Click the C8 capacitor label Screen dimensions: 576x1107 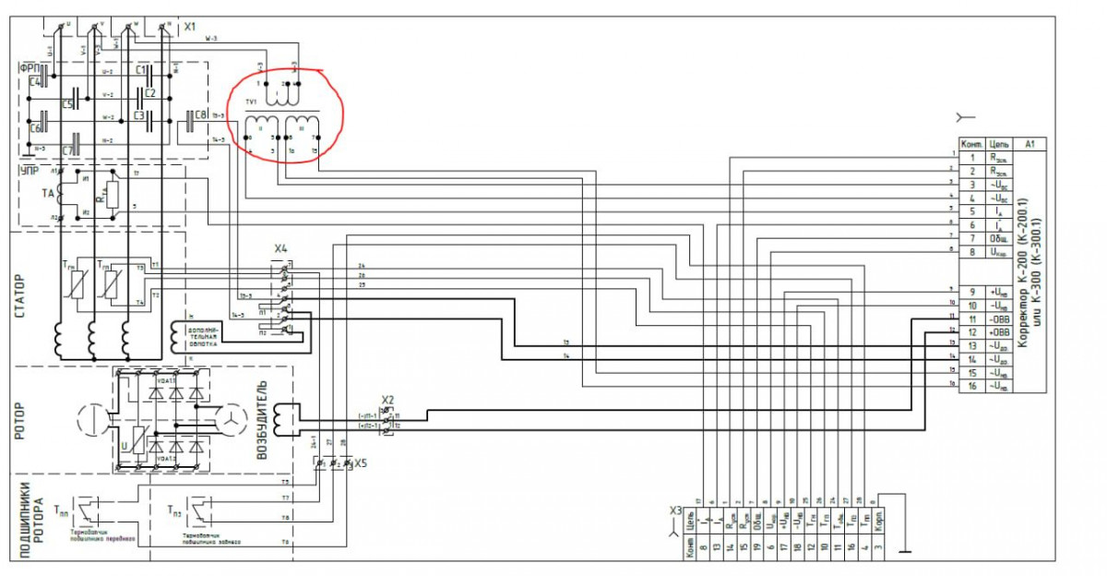[x=201, y=115]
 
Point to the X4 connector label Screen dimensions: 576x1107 [x=280, y=249]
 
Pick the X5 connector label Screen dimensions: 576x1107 [x=362, y=463]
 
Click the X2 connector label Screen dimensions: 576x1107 [x=388, y=400]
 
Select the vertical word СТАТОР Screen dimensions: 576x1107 [x=20, y=296]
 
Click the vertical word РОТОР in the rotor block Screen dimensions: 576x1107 [x=20, y=420]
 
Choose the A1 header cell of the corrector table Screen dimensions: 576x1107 [x=1030, y=144]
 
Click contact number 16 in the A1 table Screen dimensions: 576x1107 [x=971, y=387]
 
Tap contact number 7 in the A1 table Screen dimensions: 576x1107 [x=971, y=238]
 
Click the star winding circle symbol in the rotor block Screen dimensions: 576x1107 [x=228, y=421]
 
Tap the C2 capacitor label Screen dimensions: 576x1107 [x=150, y=93]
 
